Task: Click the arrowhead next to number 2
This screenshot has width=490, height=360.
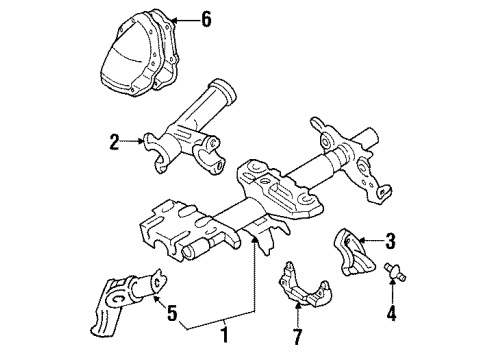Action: tap(140, 143)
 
